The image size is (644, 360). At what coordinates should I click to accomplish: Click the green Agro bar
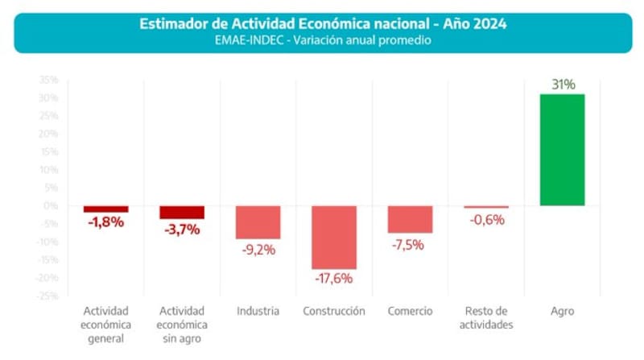pos(562,150)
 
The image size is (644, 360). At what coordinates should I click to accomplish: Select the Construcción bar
pos(334,237)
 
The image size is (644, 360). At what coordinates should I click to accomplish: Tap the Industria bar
pos(258,222)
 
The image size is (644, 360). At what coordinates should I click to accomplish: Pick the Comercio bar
pos(410,219)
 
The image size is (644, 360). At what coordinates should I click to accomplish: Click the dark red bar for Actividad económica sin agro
pos(182,212)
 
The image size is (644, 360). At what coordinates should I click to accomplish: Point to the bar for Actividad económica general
pos(106,209)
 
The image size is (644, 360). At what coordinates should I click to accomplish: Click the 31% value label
pos(563,84)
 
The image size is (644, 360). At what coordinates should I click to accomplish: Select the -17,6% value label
pos(334,279)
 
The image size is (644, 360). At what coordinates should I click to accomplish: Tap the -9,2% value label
pos(258,250)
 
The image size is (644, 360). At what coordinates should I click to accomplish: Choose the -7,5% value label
pos(410,244)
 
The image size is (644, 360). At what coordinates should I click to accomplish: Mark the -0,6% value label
pos(486,219)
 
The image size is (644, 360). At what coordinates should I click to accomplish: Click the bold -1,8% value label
pos(106,222)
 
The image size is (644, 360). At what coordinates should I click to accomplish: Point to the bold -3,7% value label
pos(181,230)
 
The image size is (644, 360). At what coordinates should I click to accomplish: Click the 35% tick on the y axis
pos(48,80)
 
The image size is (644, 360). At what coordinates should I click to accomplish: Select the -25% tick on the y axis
pos(47,296)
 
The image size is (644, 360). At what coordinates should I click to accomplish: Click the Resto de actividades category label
pos(486,318)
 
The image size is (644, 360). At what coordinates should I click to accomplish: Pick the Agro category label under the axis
pos(562,311)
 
